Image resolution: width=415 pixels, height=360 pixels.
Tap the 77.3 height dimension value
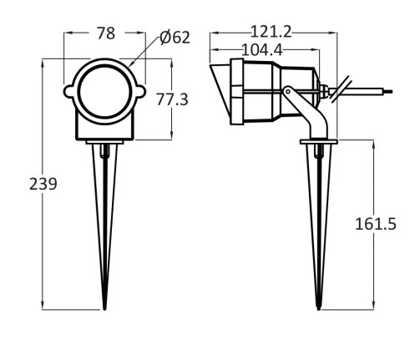coord(172,99)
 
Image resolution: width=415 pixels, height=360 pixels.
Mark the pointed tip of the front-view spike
coord(105,307)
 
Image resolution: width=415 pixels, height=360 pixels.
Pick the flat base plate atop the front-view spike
coord(105,144)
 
